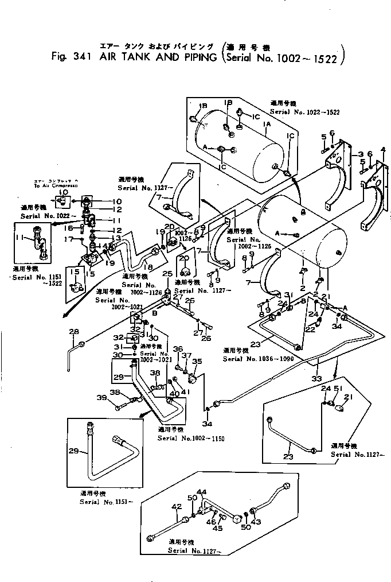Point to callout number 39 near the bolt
point(101,398)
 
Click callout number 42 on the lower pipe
point(176,506)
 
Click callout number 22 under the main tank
point(310,329)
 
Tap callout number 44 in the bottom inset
point(201,492)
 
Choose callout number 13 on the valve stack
point(116,238)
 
